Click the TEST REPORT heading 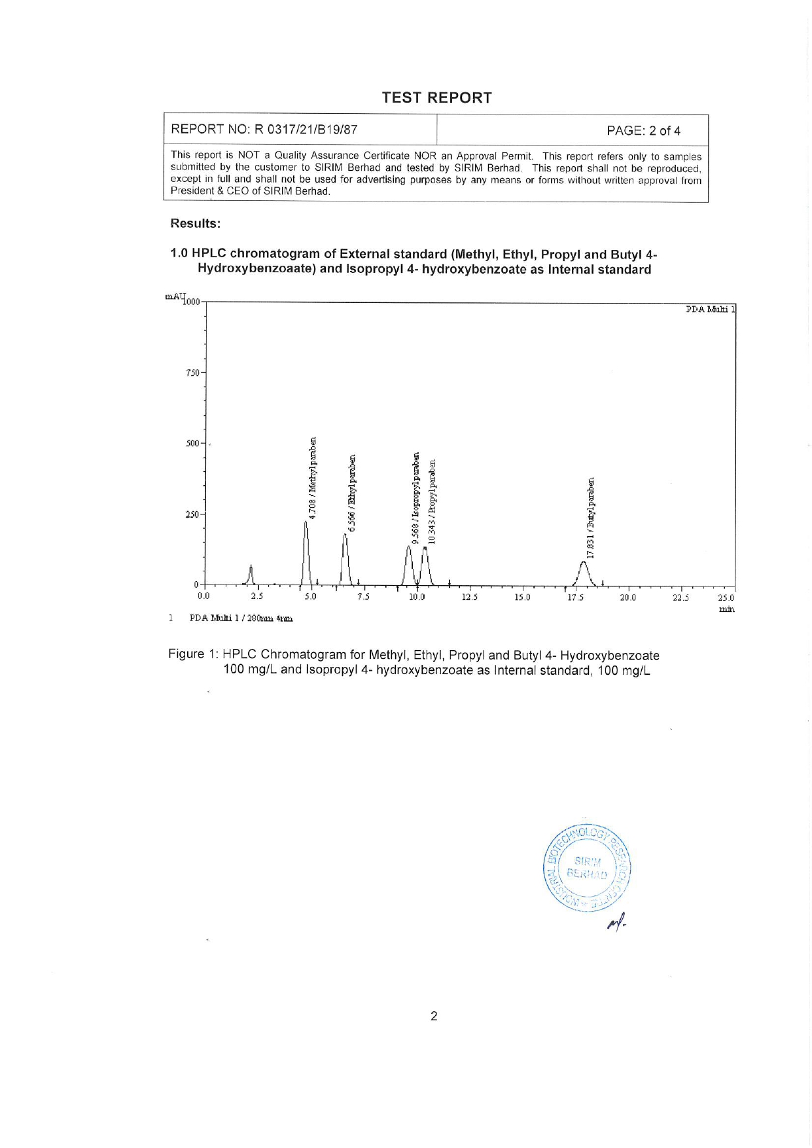436,98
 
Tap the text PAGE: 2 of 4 643,131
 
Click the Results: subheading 196,224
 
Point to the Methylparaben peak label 313,478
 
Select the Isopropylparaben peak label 415,497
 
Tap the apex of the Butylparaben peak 584,562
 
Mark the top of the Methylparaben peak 306,522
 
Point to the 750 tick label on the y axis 193,373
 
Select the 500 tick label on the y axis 193,444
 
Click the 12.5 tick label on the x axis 469,598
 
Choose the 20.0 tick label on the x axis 627,598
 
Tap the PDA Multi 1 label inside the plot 710,310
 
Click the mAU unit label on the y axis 175,297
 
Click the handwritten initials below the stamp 616,924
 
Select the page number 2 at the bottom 434,1016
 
